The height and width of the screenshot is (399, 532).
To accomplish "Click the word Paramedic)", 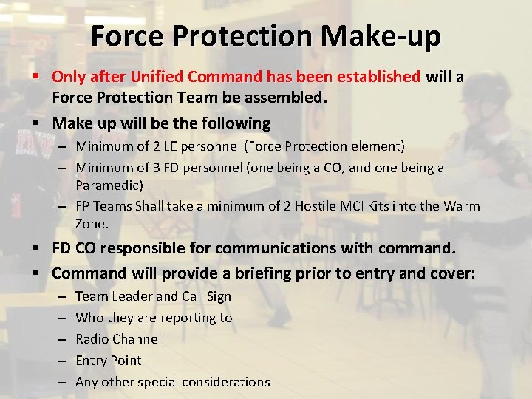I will [109, 185].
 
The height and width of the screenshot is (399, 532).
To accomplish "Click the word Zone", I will [92, 223].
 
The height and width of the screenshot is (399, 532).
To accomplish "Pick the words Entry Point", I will [108, 361].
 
